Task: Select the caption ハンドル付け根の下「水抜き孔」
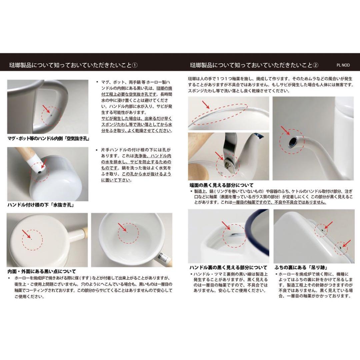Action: (x=40, y=205)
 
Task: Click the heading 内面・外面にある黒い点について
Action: (x=42, y=271)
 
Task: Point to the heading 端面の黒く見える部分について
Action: (x=221, y=185)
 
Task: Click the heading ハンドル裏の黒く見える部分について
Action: (x=228, y=267)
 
